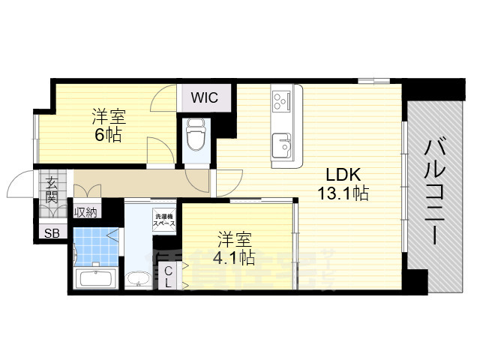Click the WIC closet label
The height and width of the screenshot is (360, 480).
(203, 97)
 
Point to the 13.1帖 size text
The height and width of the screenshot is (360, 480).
(342, 193)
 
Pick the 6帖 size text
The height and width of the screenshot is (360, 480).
(108, 136)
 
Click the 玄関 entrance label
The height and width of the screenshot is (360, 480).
(52, 190)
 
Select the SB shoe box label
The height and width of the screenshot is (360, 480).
(52, 232)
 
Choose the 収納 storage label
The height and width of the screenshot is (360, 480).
(85, 212)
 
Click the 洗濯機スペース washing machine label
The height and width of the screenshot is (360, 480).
(164, 220)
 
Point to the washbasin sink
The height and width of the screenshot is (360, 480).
(138, 280)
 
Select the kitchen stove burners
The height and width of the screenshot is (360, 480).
(283, 99)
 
